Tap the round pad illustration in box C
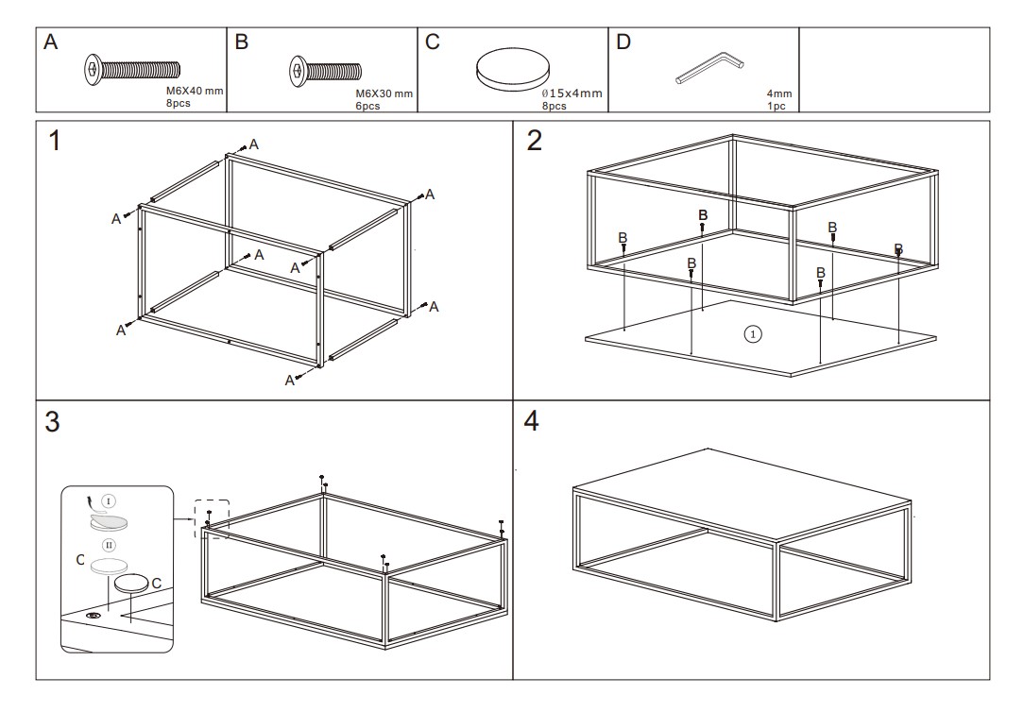(x=512, y=69)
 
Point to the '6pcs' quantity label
(x=367, y=106)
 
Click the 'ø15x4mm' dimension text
(x=572, y=93)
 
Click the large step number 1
(x=58, y=141)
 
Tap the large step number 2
(x=535, y=141)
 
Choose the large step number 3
(x=54, y=423)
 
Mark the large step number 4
(x=531, y=422)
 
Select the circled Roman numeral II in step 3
(x=109, y=545)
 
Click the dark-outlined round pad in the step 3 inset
(x=130, y=585)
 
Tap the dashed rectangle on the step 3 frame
(x=211, y=518)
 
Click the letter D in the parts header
(x=623, y=42)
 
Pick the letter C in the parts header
(x=433, y=42)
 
